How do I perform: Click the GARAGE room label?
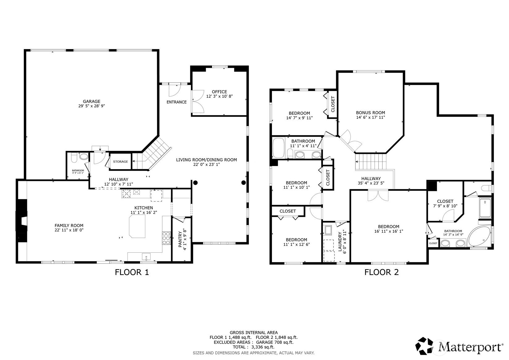[91, 101]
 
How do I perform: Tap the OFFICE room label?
[219, 92]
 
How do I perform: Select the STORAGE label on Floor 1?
[121, 161]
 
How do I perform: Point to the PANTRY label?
[180, 239]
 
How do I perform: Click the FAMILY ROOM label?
[69, 225]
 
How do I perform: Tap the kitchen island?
[137, 226]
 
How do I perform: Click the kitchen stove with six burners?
[166, 238]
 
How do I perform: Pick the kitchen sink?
[146, 257]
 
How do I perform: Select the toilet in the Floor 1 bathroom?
[74, 158]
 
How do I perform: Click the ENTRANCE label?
[176, 102]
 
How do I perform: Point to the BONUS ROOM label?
[370, 113]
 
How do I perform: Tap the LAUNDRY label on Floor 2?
[340, 242]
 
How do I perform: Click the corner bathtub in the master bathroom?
[479, 236]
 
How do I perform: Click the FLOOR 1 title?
[132, 272]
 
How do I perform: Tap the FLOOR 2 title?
[382, 272]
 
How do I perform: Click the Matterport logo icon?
[424, 346]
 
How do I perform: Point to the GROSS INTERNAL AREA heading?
[254, 332]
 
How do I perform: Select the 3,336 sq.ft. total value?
[263, 347]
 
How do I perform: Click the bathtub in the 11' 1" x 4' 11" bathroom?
[278, 148]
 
